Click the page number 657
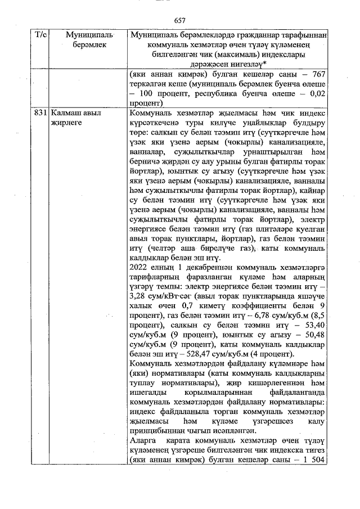coord(180,20)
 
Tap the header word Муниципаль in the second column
coord(81,35)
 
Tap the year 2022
coord(139,268)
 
